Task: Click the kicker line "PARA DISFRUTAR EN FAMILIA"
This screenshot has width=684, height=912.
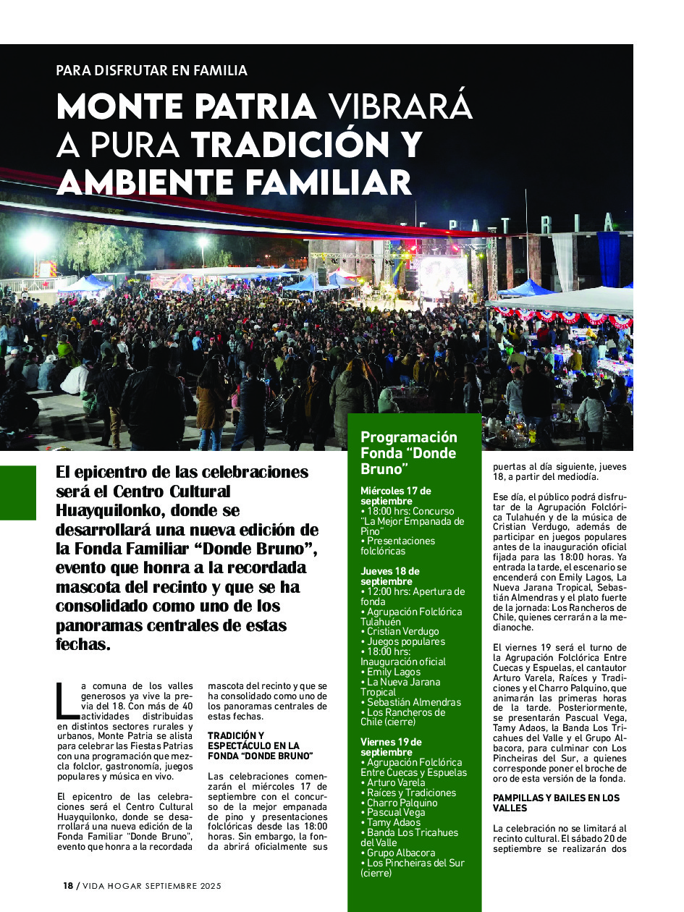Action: [152, 71]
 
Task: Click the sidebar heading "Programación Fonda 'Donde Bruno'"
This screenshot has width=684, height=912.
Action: [409, 453]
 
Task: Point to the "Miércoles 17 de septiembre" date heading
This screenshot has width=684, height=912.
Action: [396, 496]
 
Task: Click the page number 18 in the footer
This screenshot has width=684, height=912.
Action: [68, 886]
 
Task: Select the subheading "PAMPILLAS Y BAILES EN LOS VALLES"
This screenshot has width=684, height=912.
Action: [556, 803]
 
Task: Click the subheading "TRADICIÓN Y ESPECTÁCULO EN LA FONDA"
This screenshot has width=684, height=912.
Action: [260, 746]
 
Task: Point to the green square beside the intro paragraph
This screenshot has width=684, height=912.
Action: [17, 493]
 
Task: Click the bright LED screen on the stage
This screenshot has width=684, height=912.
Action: [442, 276]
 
